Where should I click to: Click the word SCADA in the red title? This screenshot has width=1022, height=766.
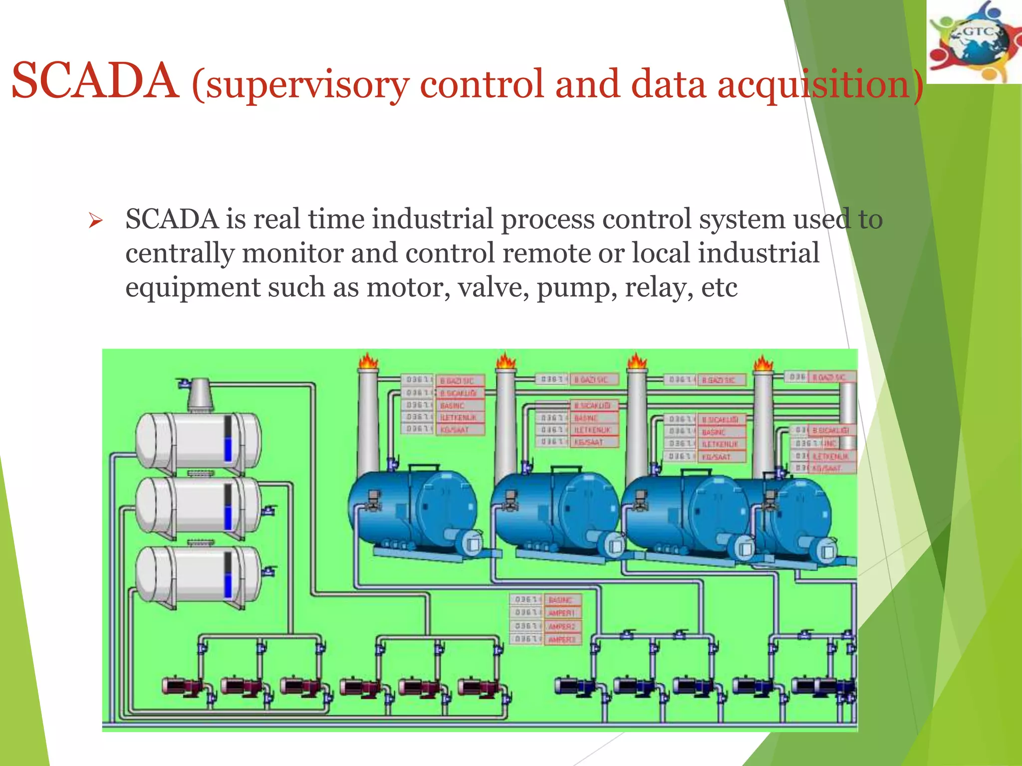pyautogui.click(x=95, y=81)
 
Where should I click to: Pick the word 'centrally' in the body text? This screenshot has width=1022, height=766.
pyautogui.click(x=180, y=254)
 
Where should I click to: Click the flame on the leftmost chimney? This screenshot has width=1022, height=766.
pyautogui.click(x=368, y=361)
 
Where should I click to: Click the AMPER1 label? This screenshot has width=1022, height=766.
pyautogui.click(x=562, y=613)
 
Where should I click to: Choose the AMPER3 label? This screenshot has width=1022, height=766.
pyautogui.click(x=562, y=639)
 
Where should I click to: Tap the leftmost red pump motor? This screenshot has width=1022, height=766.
pyautogui.click(x=180, y=686)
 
